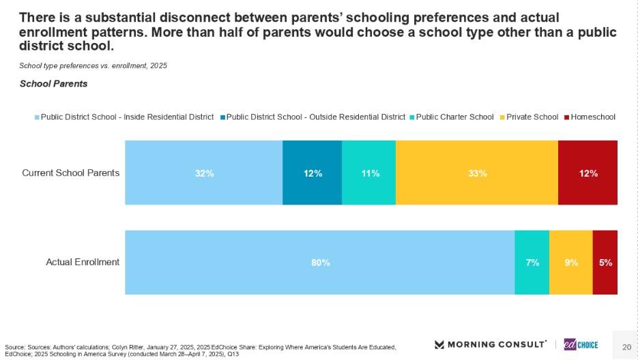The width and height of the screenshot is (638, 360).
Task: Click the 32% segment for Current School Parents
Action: coord(203,172)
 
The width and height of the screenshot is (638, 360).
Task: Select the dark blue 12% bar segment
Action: coord(312,172)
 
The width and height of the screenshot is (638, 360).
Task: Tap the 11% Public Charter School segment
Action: coord(368,172)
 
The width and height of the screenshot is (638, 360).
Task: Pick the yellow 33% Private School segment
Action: coord(476,172)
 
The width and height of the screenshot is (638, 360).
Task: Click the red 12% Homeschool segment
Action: coord(588,172)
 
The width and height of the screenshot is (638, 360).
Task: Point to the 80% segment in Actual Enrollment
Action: coord(319,262)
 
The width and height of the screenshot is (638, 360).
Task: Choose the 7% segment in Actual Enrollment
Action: coord(532,262)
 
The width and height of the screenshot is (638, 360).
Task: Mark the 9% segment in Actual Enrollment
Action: coord(570,262)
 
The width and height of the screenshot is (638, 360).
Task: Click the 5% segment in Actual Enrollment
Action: coord(605,262)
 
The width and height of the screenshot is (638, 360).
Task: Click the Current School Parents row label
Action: coord(71,172)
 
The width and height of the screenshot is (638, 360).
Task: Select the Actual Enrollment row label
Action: coord(83,262)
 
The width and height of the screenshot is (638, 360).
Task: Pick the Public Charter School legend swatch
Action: coord(413,117)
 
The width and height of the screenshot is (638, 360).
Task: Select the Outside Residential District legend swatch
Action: coord(222,117)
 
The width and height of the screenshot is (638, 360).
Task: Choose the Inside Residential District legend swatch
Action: coord(37,117)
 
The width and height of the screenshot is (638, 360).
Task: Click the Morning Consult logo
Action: coord(490,344)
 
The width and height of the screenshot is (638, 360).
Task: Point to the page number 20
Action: coord(626,347)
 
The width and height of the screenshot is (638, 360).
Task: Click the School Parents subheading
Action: coord(53,84)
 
